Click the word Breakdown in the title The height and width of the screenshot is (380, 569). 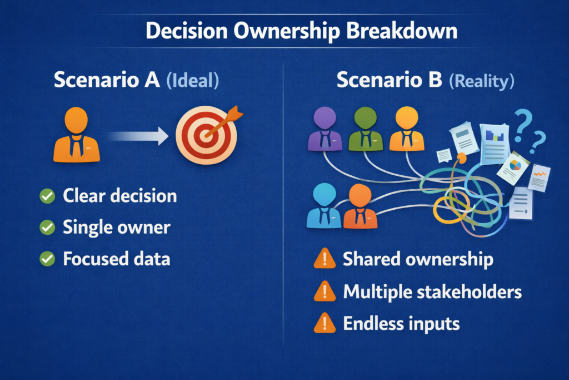pos(401,31)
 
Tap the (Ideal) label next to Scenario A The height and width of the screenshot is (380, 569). pos(193,80)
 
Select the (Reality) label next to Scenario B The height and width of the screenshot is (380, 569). pos(482,81)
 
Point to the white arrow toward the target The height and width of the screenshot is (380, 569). pos(139,136)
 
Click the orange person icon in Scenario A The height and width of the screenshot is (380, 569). pos(76,135)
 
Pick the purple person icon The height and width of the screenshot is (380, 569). pos(325,129)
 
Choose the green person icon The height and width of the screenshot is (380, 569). pos(366,129)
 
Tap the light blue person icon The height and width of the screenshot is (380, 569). pos(324,206)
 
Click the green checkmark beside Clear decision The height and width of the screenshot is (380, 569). pos(47,196)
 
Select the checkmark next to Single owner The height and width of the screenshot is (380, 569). pos(47,228)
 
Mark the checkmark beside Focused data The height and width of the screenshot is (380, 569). pos(47,259)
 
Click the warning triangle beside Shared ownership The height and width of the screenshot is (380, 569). pos(325,259)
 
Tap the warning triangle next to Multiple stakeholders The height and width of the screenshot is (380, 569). pos(325,292)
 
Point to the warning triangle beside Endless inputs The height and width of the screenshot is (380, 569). pos(325,323)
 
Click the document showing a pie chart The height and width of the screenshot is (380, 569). pos(513,168)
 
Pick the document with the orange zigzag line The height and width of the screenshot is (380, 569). pos(539,177)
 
